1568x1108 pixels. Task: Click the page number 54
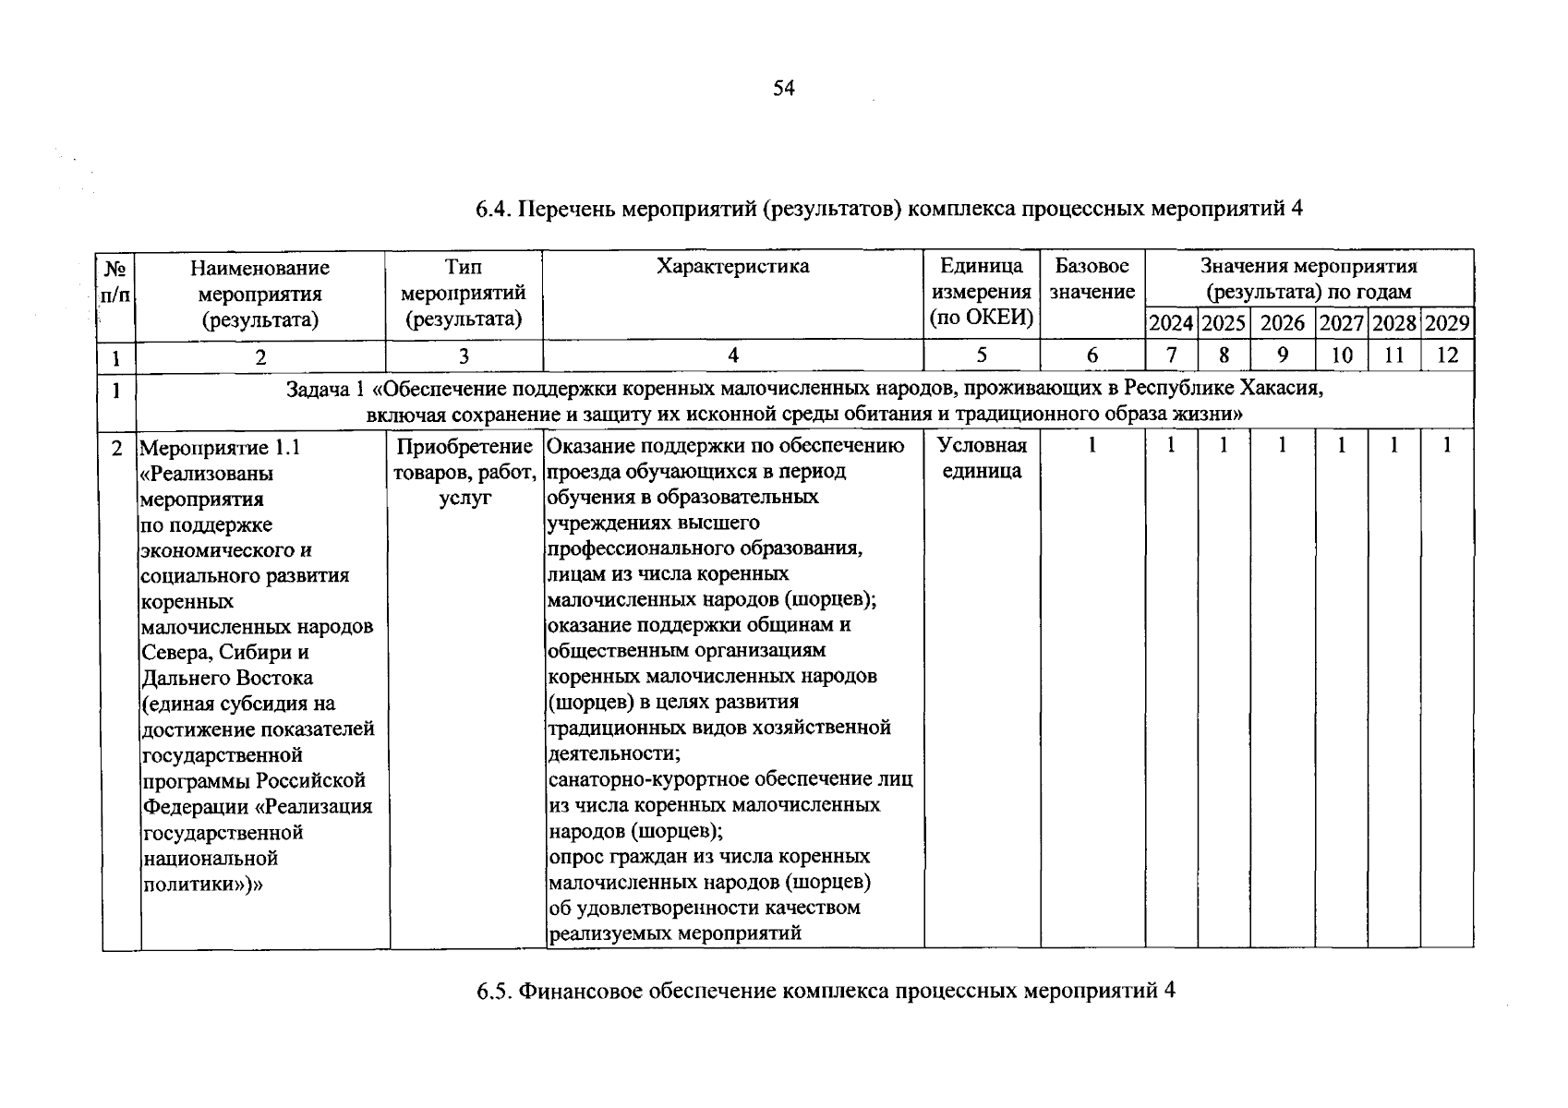pos(783,89)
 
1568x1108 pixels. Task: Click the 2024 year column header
pos(1171,323)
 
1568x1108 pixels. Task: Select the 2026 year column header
pos(1283,323)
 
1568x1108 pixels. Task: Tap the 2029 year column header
pos(1447,323)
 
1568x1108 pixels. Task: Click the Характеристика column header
pos(732,267)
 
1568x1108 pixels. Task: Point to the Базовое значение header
pos(1092,279)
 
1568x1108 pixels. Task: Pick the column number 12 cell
pos(1447,355)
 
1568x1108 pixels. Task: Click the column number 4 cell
pos(733,355)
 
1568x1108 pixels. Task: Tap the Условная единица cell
pos(982,458)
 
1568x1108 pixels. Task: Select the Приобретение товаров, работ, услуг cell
pos(464,472)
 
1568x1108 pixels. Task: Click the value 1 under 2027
pos(1342,446)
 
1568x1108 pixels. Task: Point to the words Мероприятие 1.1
pos(220,449)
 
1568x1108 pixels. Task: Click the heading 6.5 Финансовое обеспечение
pos(826,992)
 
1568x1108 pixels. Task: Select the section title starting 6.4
pos(888,209)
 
